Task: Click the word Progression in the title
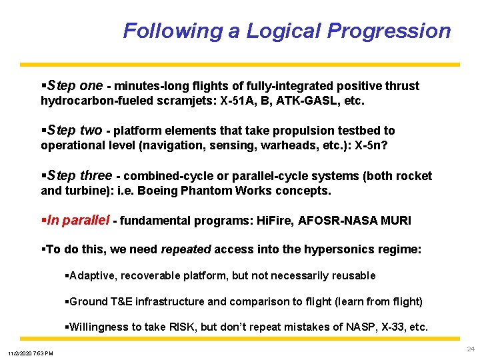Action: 388,31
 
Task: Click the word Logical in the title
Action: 284,31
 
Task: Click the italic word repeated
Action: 186,249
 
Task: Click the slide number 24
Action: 471,349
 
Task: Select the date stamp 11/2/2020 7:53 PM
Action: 31,353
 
